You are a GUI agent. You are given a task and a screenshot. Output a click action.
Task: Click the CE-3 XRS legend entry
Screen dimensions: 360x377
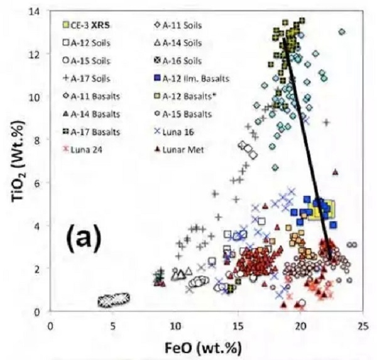pyautogui.click(x=87, y=26)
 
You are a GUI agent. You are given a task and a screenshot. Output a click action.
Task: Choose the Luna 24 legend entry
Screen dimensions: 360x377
pyautogui.click(x=81, y=150)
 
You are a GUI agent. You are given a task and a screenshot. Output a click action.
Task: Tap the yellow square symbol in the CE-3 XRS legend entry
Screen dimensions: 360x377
pyautogui.click(x=66, y=26)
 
